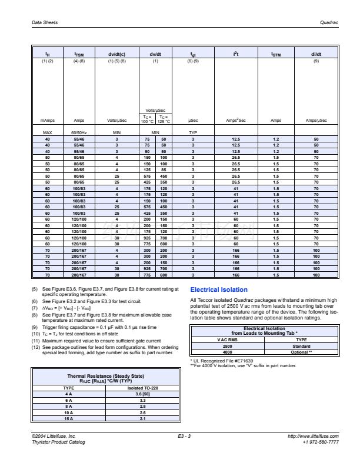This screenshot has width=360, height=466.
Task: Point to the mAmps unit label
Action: click(x=48, y=120)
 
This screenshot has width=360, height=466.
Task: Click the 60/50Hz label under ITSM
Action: click(x=78, y=132)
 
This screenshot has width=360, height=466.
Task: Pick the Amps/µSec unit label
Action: click(x=316, y=120)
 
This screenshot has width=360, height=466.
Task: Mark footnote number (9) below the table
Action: click(x=35, y=327)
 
